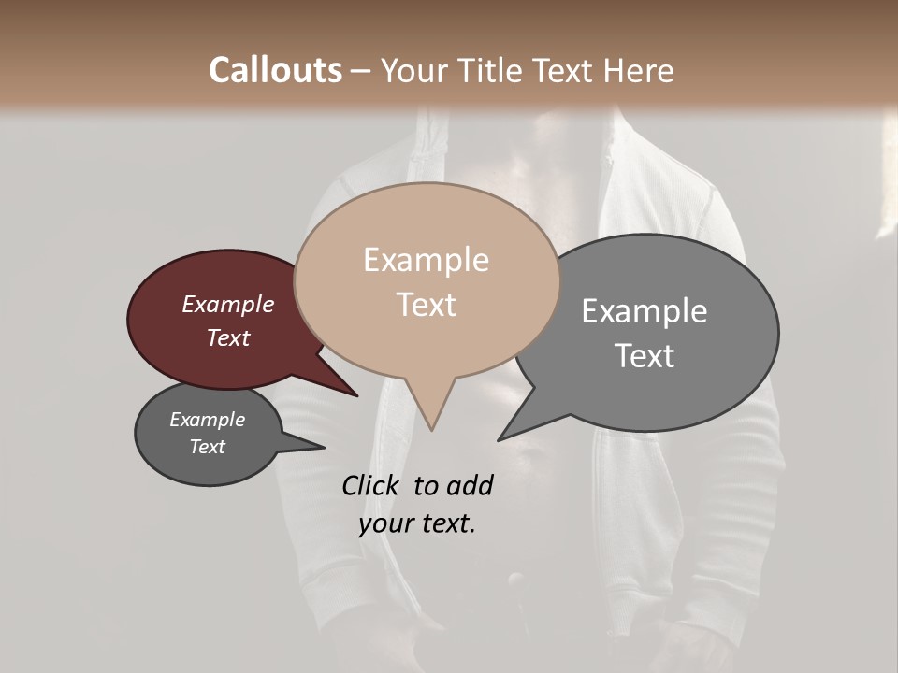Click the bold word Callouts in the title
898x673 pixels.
point(275,70)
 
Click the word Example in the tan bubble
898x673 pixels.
point(426,260)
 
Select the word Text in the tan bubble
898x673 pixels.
point(426,305)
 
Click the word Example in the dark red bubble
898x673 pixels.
point(227,304)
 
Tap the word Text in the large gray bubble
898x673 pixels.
point(644,356)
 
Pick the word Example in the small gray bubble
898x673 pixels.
point(207,420)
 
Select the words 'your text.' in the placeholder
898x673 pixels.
point(416,524)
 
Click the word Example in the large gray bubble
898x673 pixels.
point(644,311)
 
